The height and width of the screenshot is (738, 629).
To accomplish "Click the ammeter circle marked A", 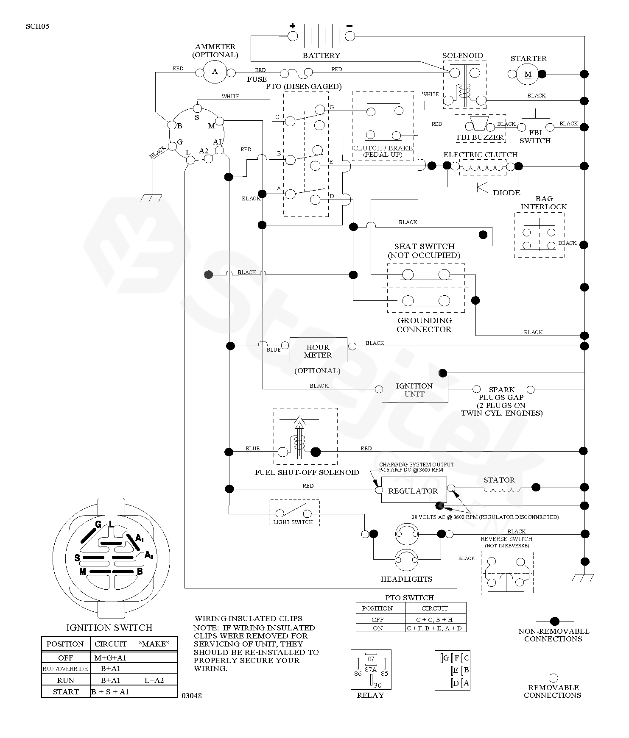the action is coord(215,72).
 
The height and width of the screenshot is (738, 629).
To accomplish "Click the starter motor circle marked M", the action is coord(528,75).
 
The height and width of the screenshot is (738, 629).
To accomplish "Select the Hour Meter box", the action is coord(318,350).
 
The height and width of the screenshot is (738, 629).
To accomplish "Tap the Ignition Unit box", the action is coord(414,389).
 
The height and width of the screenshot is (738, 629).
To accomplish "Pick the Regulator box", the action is coord(413,490).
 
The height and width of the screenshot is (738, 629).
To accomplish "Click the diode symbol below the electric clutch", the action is coord(482,186).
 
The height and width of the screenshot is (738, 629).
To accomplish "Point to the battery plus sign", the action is coord(292,25).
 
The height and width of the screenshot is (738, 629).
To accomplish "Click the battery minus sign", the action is coord(349,25).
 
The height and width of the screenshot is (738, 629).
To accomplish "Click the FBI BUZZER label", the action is coord(480,137).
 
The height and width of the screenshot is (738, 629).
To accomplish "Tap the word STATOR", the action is coord(499,480).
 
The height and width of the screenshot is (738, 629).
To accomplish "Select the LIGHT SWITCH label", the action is coord(293,522).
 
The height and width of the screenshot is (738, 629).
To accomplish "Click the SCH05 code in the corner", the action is coord(37,26).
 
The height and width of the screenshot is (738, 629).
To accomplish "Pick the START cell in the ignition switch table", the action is coord(66,692).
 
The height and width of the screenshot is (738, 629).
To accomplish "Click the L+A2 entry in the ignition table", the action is coord(154,680).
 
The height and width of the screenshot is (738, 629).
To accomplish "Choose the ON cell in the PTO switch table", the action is coord(378,628).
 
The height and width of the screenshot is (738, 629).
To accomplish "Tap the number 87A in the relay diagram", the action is coord(371,669).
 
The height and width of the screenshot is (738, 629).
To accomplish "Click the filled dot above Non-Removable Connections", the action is coord(554,621).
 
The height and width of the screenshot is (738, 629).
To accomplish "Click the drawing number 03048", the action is coord(192,696).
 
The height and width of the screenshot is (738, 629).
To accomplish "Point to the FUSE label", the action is coord(257,79).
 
